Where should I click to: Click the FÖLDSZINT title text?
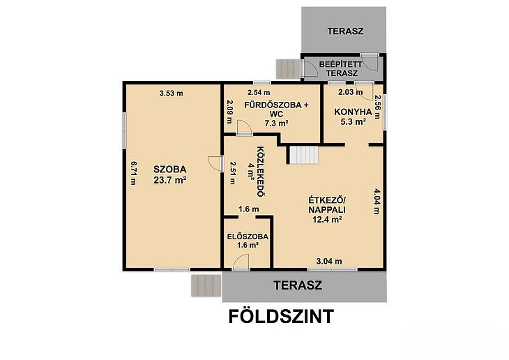click(281, 316)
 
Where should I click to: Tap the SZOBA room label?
click(169, 170)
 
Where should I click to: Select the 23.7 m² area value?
click(169, 180)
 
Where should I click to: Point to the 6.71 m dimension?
click(133, 173)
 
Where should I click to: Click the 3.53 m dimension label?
click(171, 93)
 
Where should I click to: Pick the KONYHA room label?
click(353, 112)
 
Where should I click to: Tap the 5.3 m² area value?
click(354, 122)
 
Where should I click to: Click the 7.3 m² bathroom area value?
click(276, 123)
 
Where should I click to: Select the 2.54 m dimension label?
click(259, 93)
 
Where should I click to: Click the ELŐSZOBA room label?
click(248, 237)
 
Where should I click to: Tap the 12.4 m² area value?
click(327, 219)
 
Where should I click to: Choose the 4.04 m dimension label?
click(377, 202)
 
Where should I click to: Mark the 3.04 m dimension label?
click(329, 261)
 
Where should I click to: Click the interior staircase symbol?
click(303, 155)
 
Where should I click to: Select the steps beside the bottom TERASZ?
click(206, 285)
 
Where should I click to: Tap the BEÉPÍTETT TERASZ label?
click(340, 69)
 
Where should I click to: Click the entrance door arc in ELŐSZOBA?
click(241, 261)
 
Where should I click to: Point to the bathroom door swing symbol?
click(244, 127)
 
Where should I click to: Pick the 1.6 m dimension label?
click(249, 209)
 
